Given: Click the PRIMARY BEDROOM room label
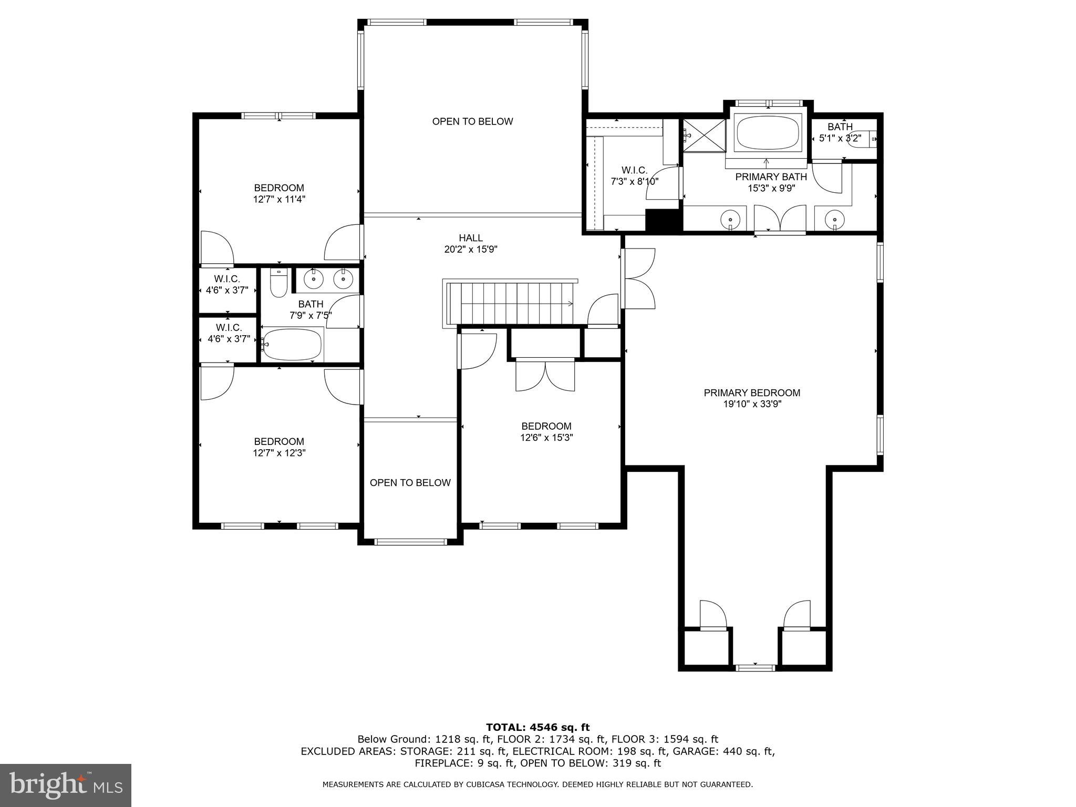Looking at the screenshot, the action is click(752, 392).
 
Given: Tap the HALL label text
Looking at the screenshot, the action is click(471, 238).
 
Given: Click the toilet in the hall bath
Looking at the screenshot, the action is click(278, 283).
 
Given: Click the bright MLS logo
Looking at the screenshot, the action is click(65, 785).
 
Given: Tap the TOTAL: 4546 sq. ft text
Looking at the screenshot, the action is click(538, 727).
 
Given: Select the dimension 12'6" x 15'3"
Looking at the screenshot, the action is click(546, 438).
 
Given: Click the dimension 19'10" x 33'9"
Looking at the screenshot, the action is click(752, 404).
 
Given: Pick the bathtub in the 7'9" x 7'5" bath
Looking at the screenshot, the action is click(292, 344).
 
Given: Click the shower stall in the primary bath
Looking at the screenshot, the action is click(703, 135).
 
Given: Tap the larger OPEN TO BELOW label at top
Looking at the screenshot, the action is click(472, 121).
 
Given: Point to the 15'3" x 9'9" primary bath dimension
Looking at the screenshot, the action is click(771, 188).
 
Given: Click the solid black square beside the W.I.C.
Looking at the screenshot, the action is click(663, 221).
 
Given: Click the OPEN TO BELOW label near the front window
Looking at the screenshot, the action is click(410, 483).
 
